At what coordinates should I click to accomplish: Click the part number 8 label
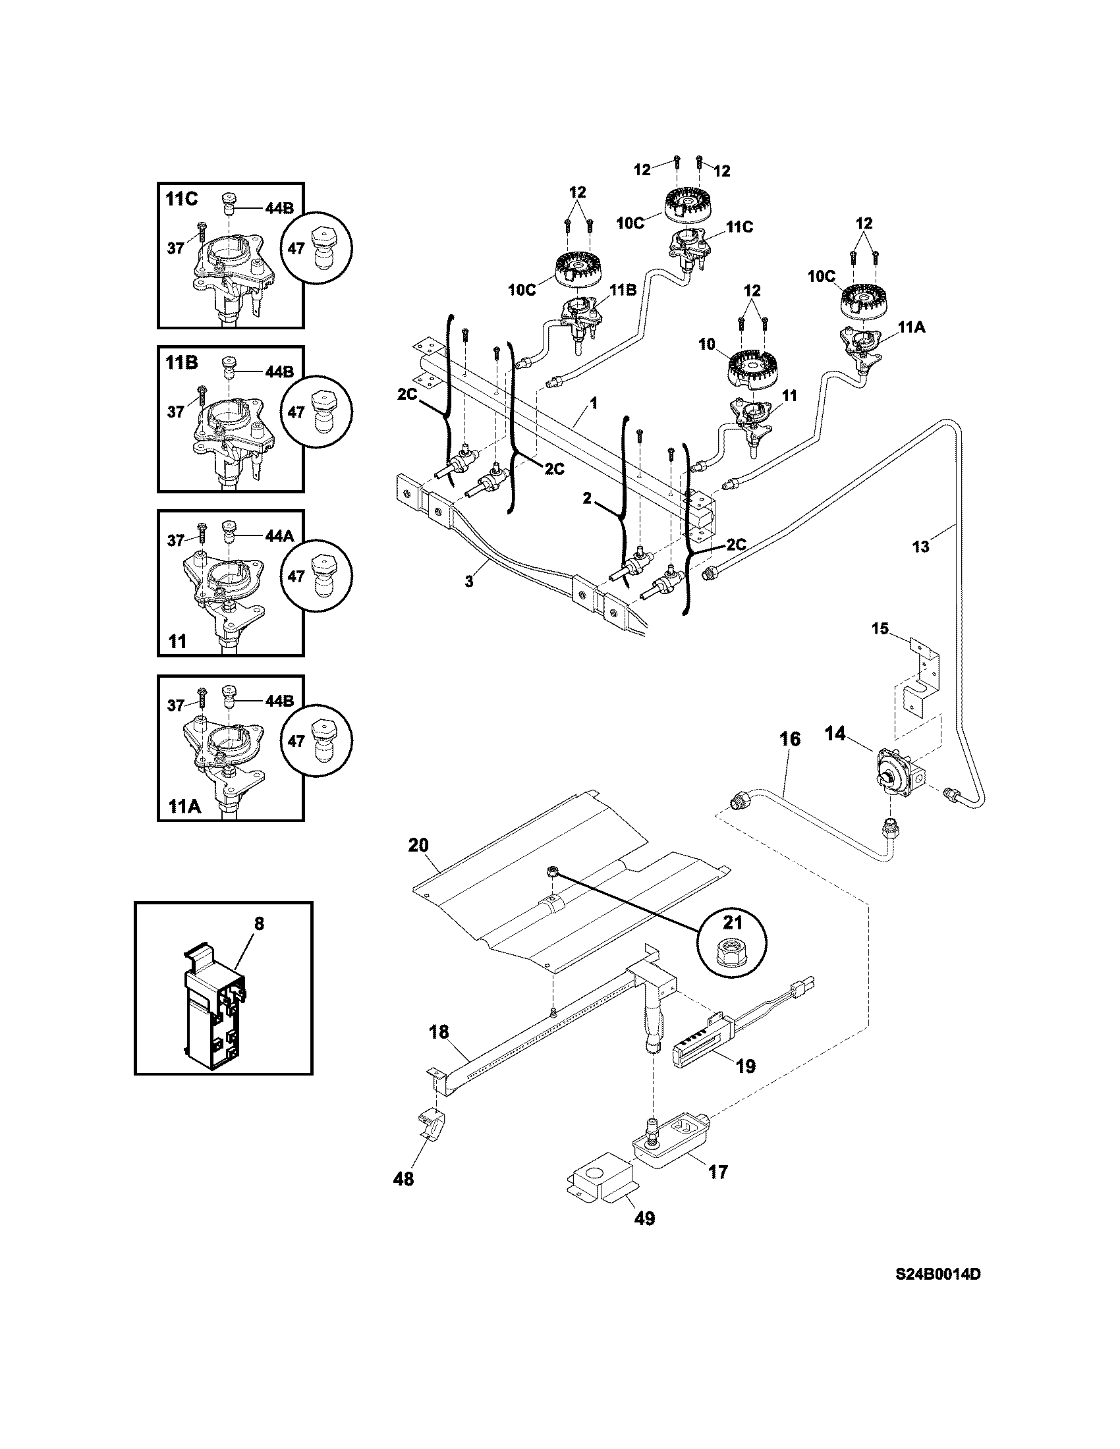click(259, 922)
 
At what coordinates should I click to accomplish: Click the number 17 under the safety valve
click(718, 1172)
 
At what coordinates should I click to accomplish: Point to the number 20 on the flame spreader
click(418, 845)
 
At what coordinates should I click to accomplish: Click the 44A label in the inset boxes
click(279, 535)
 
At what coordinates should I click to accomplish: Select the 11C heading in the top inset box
click(181, 200)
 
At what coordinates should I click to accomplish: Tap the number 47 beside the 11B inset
click(296, 412)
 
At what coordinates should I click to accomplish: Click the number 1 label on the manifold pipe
click(594, 402)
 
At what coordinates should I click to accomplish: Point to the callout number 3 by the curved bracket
click(469, 582)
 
